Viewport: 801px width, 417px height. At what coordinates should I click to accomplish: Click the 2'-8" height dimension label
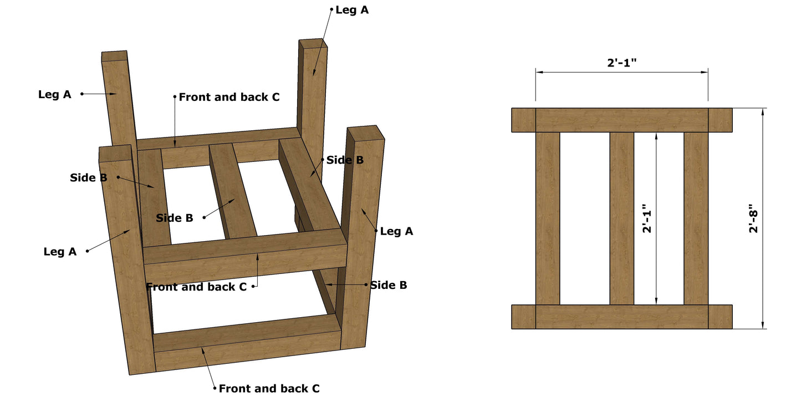pyautogui.click(x=753, y=219)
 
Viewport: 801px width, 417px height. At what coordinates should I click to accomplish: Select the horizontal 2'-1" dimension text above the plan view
pyautogui.click(x=622, y=62)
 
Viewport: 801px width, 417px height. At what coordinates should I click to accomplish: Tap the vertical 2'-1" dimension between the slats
pyautogui.click(x=647, y=219)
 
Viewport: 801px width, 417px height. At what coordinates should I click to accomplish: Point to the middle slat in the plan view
pyautogui.click(x=622, y=218)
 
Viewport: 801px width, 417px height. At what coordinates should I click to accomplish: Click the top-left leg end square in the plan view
pyautogui.click(x=523, y=120)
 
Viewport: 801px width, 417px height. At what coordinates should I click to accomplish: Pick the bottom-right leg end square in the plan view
pyautogui.click(x=720, y=317)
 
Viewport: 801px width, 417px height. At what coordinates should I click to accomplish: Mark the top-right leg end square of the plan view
pyautogui.click(x=720, y=120)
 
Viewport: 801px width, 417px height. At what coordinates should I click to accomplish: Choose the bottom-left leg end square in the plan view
pyautogui.click(x=523, y=317)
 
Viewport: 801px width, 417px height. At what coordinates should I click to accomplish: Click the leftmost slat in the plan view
pyautogui.click(x=548, y=218)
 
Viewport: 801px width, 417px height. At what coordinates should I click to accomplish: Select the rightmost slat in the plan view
pyautogui.click(x=696, y=218)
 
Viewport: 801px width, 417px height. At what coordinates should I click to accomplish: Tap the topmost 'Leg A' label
pyautogui.click(x=352, y=10)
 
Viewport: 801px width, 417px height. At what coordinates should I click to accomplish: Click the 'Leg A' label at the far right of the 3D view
pyautogui.click(x=396, y=231)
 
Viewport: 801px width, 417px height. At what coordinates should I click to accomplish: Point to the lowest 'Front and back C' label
pyautogui.click(x=269, y=389)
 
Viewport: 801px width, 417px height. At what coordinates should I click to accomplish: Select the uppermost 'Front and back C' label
pyautogui.click(x=229, y=97)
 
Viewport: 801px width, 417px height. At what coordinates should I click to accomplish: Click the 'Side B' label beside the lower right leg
pyautogui.click(x=389, y=285)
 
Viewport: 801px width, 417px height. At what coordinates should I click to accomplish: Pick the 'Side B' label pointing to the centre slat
pyautogui.click(x=175, y=218)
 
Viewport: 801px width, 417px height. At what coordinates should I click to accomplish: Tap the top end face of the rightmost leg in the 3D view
pyautogui.click(x=365, y=134)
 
